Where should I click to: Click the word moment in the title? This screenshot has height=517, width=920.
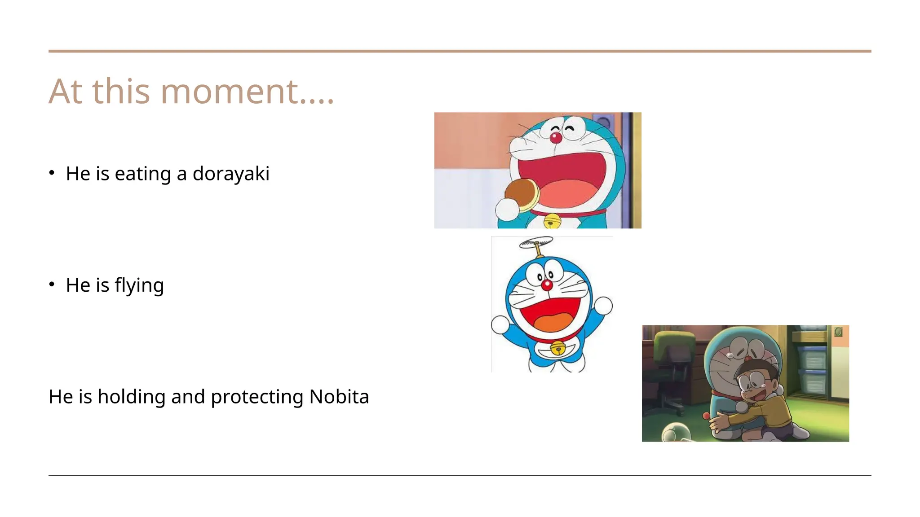[229, 92]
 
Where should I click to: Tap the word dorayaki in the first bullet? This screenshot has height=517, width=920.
[231, 174]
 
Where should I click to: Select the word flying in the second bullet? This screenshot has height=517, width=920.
[139, 285]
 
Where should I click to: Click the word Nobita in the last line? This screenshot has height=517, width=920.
[339, 397]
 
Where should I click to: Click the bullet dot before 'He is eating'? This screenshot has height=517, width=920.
[52, 173]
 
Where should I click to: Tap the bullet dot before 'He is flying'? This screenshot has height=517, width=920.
[52, 284]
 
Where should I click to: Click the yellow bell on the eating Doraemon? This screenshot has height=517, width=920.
[552, 221]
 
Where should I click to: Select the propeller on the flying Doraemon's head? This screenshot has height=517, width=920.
[536, 243]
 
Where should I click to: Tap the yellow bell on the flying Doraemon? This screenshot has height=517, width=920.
[558, 347]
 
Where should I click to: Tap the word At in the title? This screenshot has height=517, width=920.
[66, 92]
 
